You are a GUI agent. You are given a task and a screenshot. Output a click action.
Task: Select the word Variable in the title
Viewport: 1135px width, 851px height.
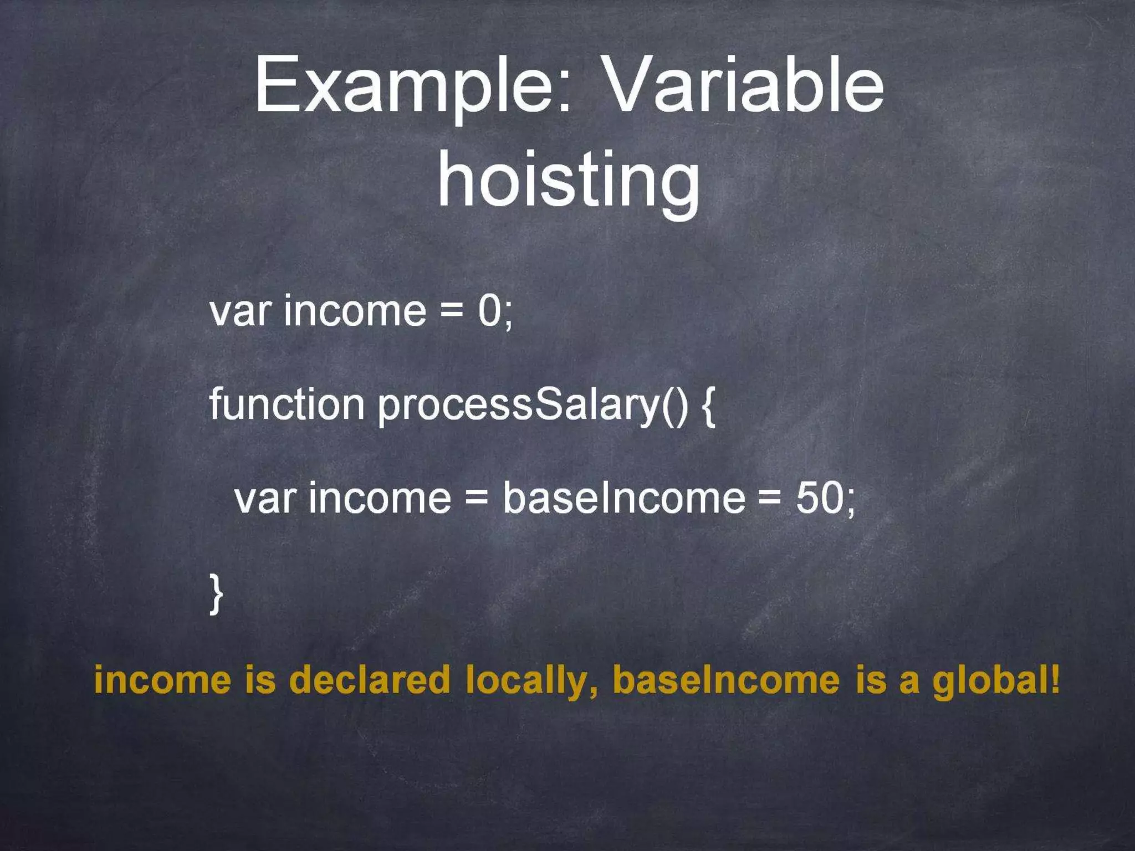point(743,86)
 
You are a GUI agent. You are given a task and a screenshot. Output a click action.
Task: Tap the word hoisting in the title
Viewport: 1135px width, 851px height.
point(568,180)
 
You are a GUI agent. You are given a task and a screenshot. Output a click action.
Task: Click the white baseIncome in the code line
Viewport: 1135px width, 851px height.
point(623,498)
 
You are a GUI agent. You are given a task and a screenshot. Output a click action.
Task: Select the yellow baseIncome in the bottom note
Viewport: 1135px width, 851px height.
point(726,680)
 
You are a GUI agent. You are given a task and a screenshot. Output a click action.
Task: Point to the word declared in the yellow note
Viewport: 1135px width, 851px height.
point(370,680)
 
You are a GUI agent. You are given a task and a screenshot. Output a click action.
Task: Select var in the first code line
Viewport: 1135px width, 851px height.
point(239,312)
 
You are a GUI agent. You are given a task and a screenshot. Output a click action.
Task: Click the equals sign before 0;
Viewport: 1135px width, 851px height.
point(452,311)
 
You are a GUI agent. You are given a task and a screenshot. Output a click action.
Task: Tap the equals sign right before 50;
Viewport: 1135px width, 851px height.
point(769,498)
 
